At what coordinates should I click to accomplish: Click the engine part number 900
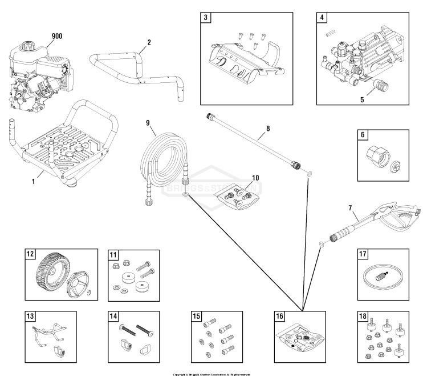click(56, 36)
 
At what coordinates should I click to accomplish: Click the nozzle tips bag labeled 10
click(235, 199)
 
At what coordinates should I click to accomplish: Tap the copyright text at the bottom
click(211, 374)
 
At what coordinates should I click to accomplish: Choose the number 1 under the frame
click(33, 181)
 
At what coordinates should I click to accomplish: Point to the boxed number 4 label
click(323, 18)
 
